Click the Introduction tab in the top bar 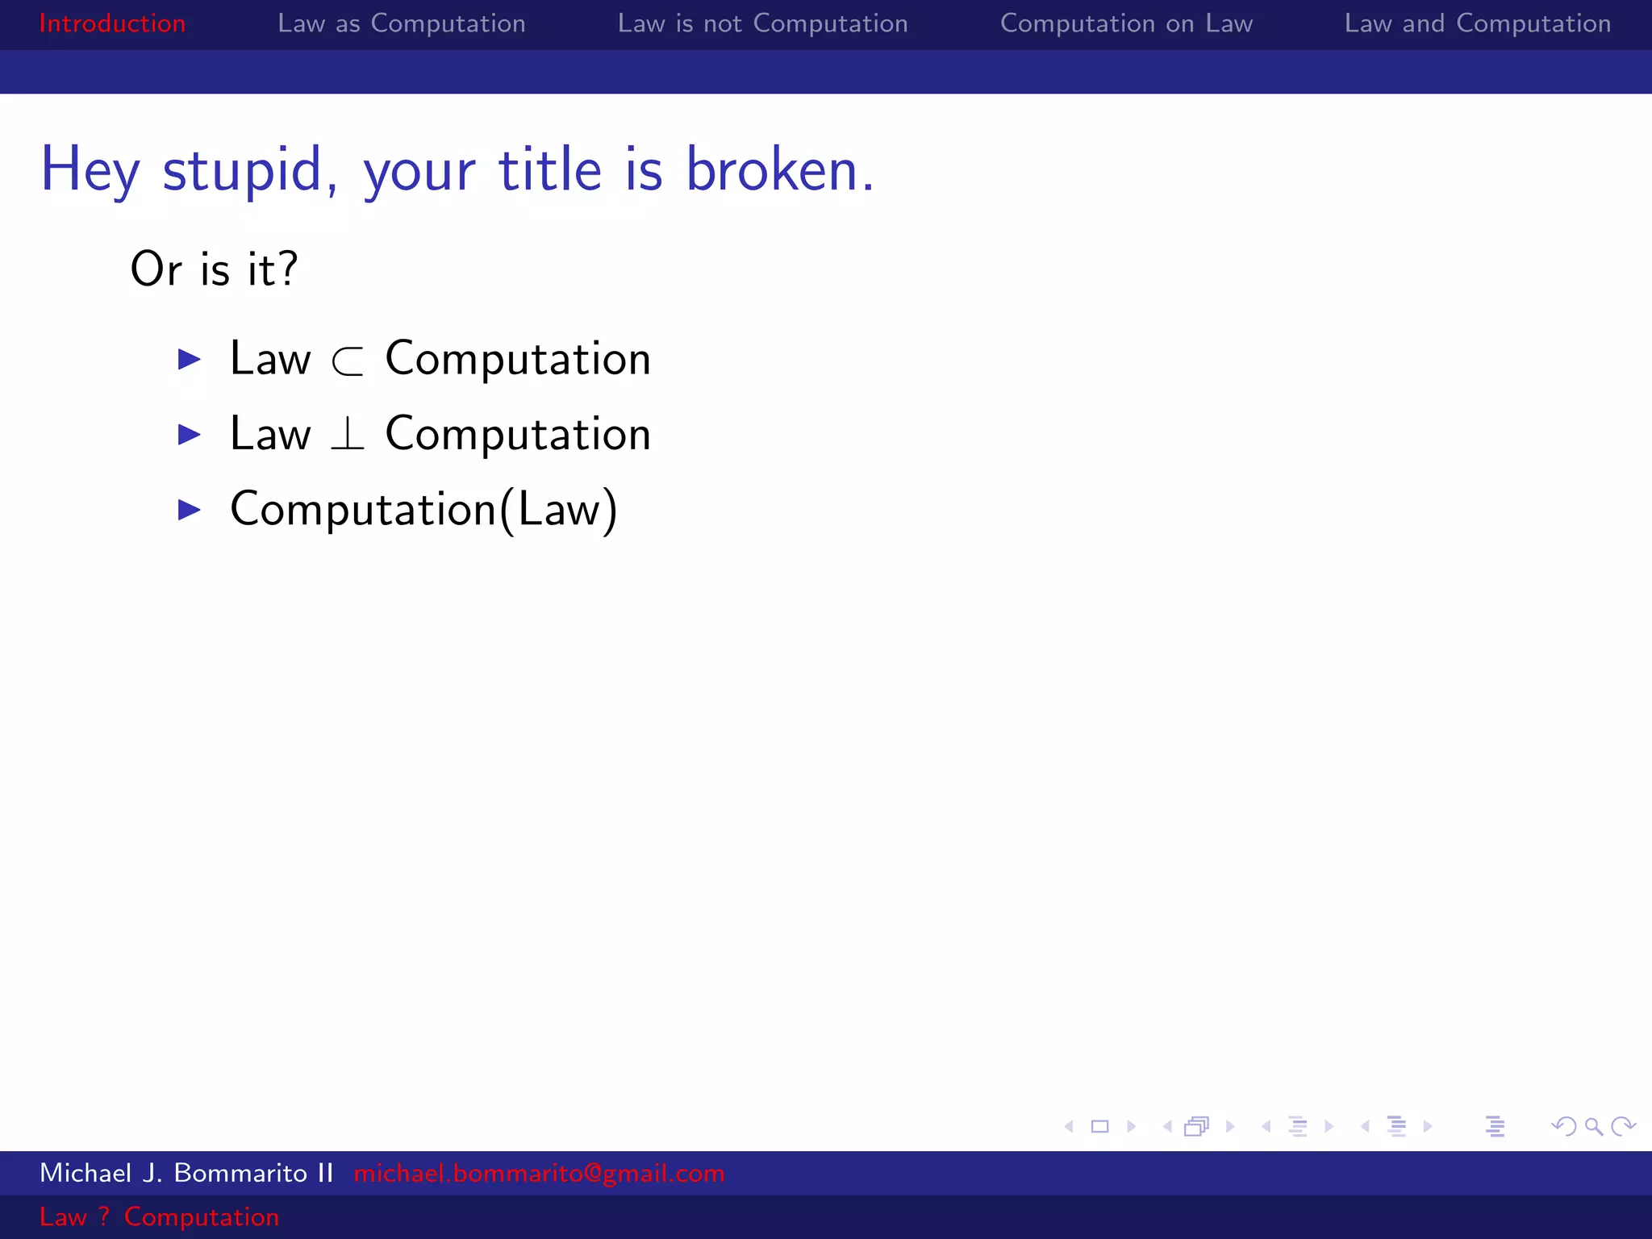112,23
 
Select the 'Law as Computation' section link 401,23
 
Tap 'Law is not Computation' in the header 762,23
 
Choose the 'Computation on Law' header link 1126,23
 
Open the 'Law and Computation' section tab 1477,23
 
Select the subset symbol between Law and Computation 348,361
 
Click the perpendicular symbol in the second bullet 348,434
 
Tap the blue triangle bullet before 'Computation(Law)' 190,509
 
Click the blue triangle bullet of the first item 190,359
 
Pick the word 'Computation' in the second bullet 517,434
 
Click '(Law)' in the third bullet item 558,510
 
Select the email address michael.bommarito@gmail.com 539,1173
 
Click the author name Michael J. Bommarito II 186,1173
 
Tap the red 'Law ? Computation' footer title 159,1216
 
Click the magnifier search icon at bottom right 1593,1126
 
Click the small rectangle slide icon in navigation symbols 1099,1126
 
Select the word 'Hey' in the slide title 90,171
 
